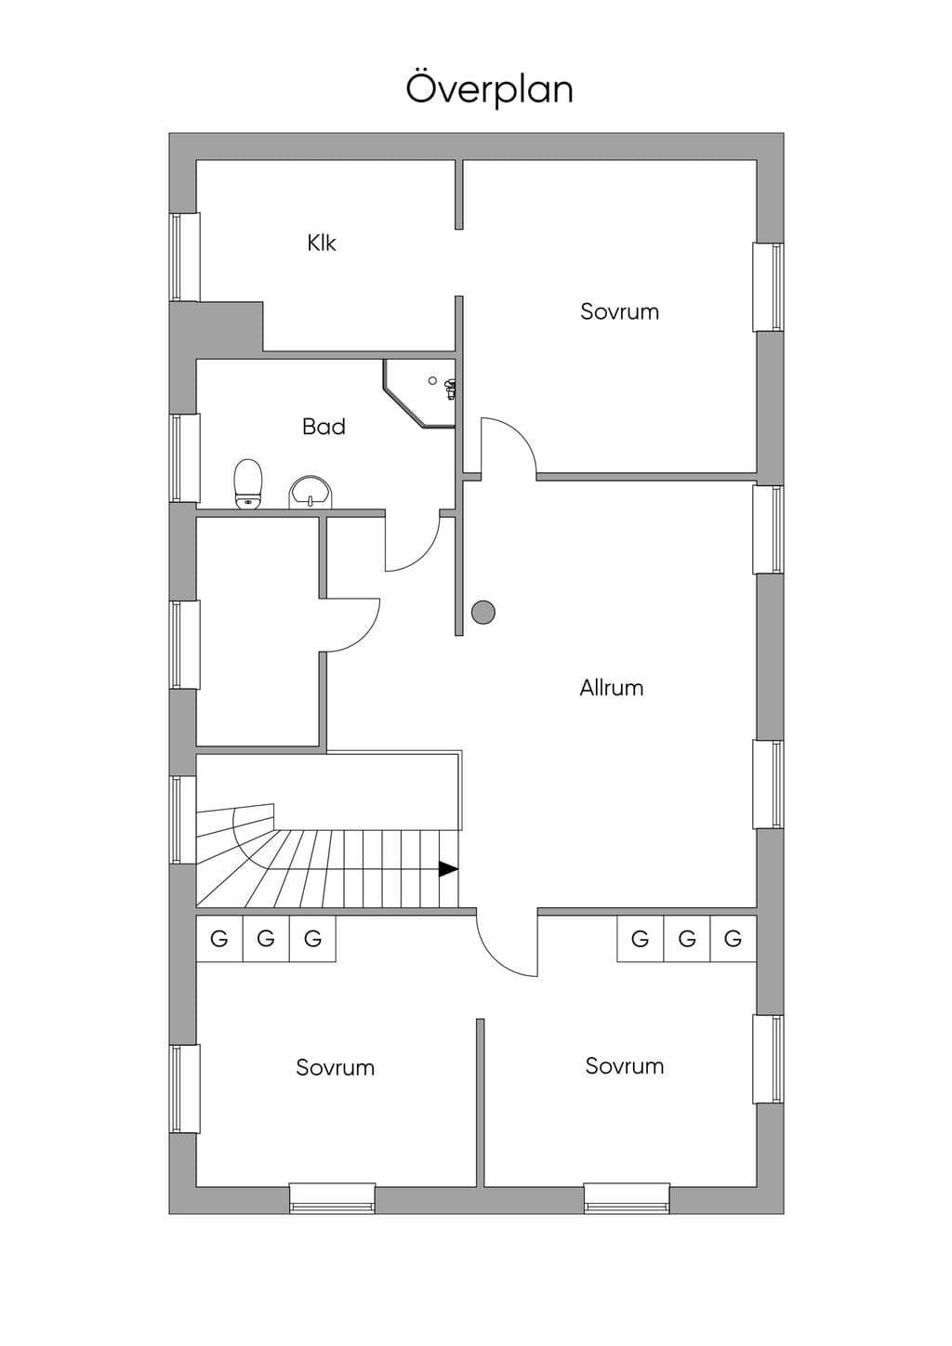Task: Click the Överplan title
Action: [489, 89]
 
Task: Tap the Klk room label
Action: [322, 243]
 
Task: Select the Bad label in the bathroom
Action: [324, 427]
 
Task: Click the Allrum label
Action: [611, 688]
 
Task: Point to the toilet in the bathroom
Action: [247, 484]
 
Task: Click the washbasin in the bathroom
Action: [311, 492]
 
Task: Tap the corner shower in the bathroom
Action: [420, 393]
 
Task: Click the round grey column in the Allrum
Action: [483, 613]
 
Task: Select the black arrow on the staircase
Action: [448, 869]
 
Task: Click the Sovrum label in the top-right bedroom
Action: [620, 311]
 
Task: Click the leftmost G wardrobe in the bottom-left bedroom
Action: [219, 938]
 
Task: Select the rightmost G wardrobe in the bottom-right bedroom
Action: [733, 938]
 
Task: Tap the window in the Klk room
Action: [184, 257]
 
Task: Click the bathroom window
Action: [184, 458]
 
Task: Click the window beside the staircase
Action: [183, 820]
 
